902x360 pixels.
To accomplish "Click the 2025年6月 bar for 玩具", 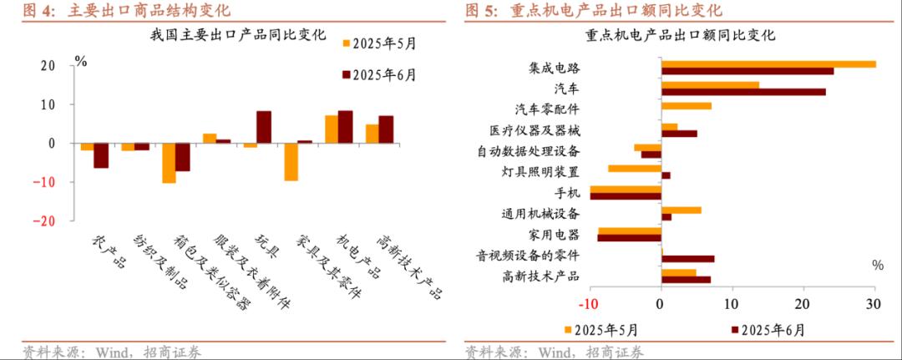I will (263, 127).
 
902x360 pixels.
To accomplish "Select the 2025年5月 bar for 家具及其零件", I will (291, 162).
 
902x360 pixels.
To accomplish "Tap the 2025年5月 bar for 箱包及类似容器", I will (169, 163).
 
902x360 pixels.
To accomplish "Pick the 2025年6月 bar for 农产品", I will (101, 155).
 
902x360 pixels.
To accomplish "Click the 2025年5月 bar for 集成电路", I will (768, 63).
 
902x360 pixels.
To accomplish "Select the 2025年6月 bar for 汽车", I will (742, 91).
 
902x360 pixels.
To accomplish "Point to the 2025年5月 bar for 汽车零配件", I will (686, 106).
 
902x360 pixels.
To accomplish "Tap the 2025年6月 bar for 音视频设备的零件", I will (687, 259).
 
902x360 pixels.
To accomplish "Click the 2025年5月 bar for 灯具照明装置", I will (634, 168).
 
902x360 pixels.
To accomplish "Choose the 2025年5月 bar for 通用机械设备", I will (681, 210).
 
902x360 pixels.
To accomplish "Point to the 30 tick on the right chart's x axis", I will (874, 304).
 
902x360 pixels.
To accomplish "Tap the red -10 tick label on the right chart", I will (589, 304).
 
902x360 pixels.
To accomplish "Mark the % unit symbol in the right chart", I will (877, 265).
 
